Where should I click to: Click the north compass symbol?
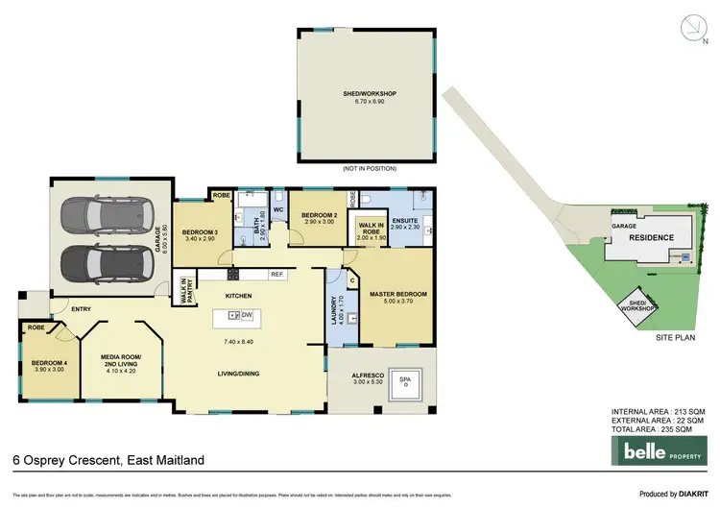coord(690,28)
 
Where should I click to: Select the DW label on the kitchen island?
coord(247,314)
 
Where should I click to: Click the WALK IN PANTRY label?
coord(185,290)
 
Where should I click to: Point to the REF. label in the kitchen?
coord(276,275)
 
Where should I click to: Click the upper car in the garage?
coord(99,213)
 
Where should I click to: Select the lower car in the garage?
coord(99,260)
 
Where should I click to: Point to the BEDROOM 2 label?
coord(317,216)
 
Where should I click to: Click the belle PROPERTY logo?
coord(657,449)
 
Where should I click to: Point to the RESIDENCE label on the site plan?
coord(651,236)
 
